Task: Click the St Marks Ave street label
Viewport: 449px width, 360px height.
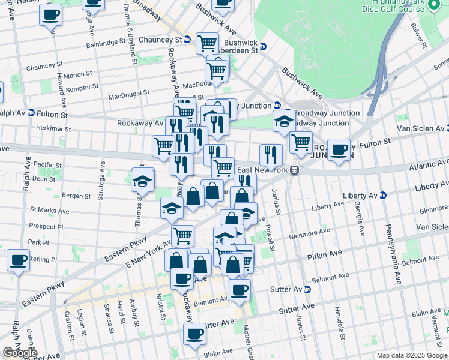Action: (50, 212)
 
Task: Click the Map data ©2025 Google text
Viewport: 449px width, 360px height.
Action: (412, 355)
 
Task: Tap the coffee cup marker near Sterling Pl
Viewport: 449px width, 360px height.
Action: (19, 260)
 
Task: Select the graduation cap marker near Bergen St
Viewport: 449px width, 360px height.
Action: (143, 180)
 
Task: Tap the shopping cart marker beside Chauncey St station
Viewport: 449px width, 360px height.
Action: (207, 42)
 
